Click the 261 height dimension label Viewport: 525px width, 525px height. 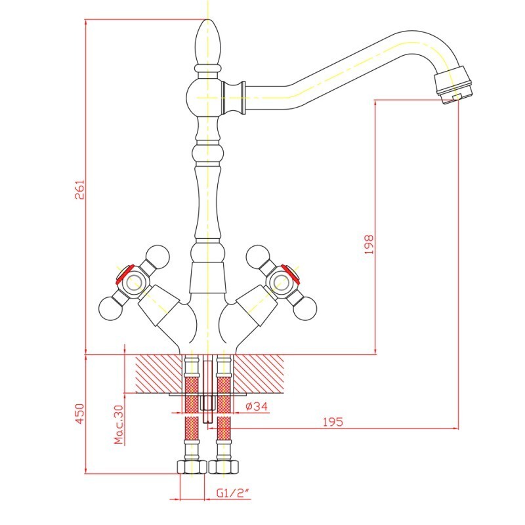tap(80, 190)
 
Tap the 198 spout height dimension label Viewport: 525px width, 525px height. tap(369, 244)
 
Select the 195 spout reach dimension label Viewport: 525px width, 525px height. tap(333, 422)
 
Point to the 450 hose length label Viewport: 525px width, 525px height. tap(80, 413)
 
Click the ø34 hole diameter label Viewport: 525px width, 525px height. tap(257, 406)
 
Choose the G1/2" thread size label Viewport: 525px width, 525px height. tap(234, 493)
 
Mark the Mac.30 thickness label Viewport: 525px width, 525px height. tap(119, 424)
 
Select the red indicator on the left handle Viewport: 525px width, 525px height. tap(124, 274)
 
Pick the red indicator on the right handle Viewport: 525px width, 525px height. tap(291, 272)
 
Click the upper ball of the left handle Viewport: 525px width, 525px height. tap(157, 257)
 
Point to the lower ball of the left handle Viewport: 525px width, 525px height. tap(110, 308)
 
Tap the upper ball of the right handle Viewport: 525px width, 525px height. tap(257, 257)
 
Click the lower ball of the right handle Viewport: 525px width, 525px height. tap(304, 308)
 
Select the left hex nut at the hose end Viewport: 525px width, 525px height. tap(192, 467)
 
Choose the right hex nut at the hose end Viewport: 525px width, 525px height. tap(224, 467)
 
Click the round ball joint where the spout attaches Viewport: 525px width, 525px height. tap(204, 97)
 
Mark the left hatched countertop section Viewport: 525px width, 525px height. tap(159, 373)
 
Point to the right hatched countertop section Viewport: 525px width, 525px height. tap(259, 373)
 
